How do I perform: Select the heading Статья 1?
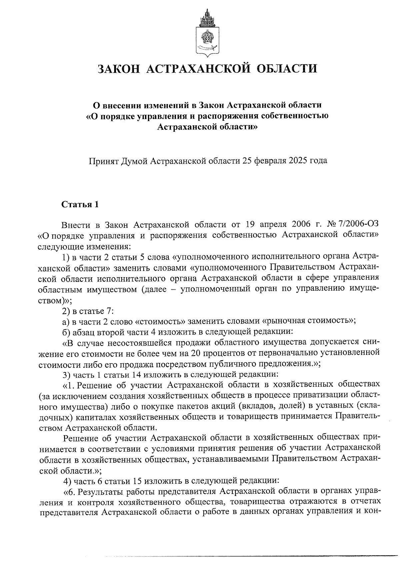click(x=80, y=204)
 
